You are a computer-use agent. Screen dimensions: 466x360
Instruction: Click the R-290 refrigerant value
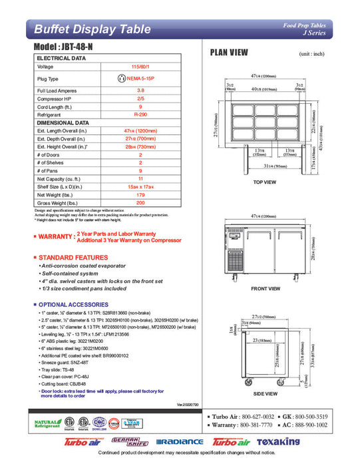pos(140,114)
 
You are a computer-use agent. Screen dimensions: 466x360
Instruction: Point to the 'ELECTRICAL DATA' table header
pos(62,59)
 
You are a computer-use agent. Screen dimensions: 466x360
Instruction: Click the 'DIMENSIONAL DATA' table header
pos(63,122)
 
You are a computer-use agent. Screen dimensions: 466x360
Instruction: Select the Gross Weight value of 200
pos(140,202)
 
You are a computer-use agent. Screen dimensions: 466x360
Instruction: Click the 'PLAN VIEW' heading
pos(230,53)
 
